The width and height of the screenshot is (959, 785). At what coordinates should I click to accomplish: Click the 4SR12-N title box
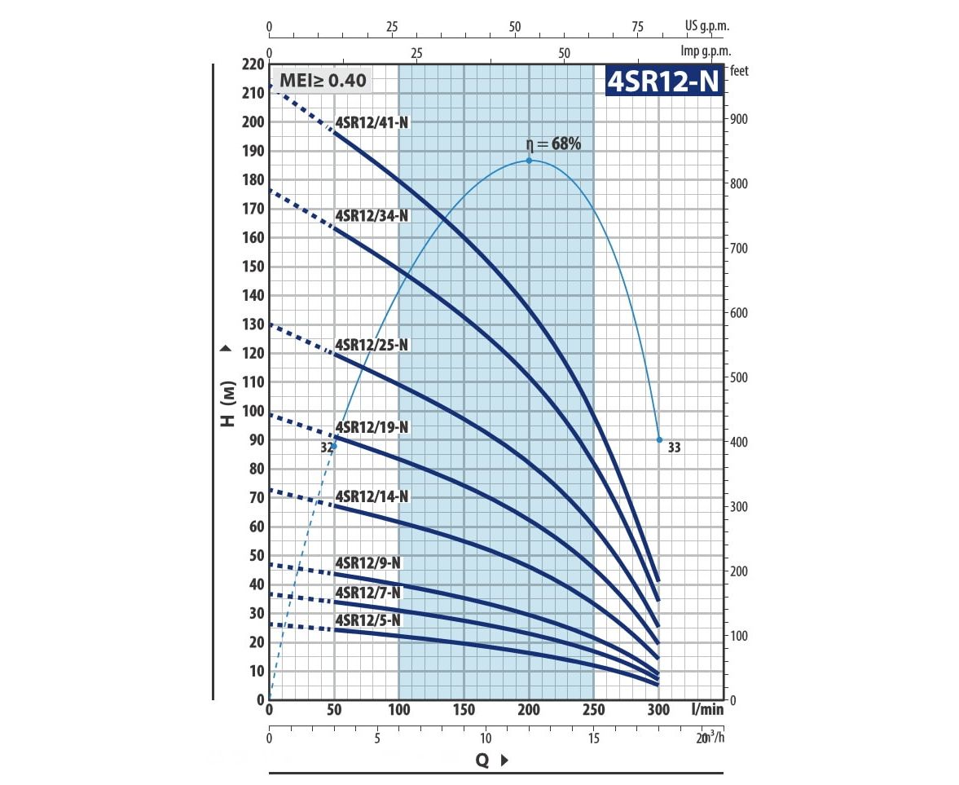663,81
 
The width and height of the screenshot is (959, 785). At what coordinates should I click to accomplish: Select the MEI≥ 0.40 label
323,81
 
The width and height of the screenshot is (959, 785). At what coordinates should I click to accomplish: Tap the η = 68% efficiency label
553,144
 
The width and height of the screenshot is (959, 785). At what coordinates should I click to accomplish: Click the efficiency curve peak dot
529,161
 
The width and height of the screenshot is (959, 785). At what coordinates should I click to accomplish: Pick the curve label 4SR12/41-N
372,123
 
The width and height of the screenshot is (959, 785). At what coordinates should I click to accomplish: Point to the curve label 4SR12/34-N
372,216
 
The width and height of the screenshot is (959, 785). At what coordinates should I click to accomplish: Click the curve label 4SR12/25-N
372,345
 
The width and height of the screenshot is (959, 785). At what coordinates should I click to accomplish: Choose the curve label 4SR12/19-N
372,427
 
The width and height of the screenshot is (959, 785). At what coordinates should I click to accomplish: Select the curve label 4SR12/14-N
372,496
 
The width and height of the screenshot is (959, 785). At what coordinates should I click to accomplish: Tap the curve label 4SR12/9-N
367,563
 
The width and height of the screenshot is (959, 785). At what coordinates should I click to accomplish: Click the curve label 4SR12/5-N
367,621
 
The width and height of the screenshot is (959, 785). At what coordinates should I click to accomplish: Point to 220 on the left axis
254,64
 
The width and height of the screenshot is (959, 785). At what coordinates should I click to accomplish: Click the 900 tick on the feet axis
739,119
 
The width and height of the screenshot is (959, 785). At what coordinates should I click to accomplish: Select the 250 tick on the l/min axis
593,710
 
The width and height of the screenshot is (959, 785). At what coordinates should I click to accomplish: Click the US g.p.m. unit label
706,25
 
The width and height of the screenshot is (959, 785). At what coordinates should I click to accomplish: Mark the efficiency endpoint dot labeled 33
659,439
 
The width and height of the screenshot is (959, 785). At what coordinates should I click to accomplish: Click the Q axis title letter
482,761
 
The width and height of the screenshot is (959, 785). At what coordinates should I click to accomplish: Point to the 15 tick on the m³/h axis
593,739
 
